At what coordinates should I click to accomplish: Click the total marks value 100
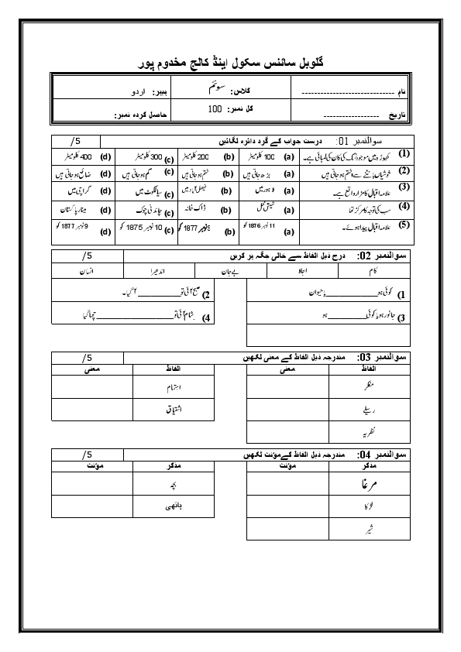click(x=215, y=109)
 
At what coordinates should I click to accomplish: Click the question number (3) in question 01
click(x=404, y=187)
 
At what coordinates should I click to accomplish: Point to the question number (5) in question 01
click(x=404, y=225)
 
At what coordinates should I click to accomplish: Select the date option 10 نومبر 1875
click(x=146, y=230)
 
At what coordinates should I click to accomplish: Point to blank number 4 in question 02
click(x=207, y=317)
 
